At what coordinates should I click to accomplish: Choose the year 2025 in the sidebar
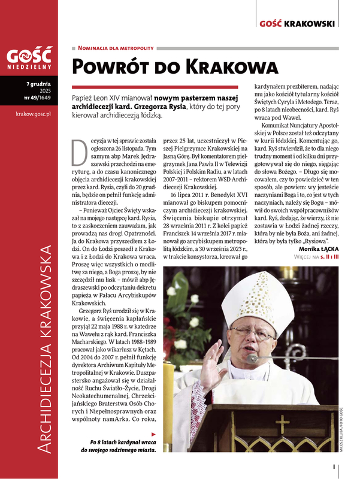pos(45,91)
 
